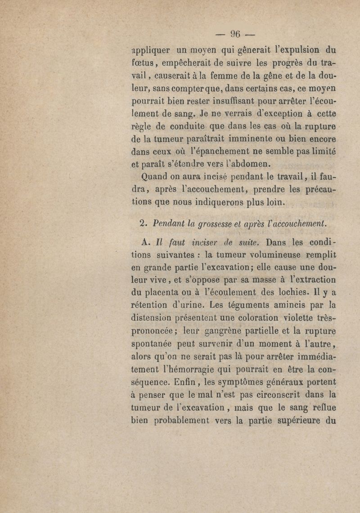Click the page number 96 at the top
[236, 34]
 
